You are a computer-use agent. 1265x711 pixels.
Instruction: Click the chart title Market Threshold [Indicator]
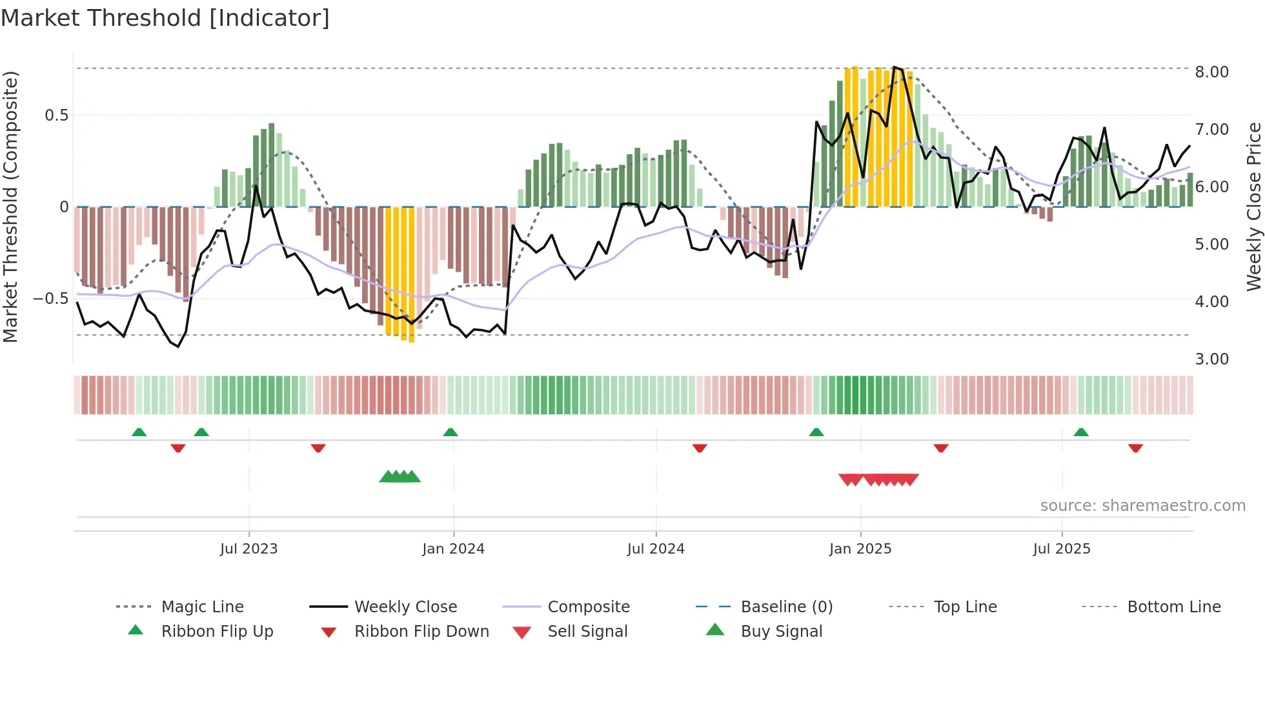click(165, 18)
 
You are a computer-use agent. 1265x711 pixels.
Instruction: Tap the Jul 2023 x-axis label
click(248, 549)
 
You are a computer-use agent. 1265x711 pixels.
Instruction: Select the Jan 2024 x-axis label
click(453, 549)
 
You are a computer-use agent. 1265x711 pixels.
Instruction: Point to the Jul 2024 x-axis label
click(656, 549)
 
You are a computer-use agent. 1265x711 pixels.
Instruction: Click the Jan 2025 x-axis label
click(860, 549)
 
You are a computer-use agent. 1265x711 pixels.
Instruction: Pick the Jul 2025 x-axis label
click(1062, 549)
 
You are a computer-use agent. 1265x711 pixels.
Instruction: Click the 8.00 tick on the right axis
click(1211, 72)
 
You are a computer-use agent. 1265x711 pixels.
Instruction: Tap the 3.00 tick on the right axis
click(1211, 359)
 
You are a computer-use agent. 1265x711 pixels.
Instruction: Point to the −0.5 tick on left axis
click(50, 299)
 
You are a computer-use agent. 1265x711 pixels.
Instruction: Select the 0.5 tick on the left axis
click(56, 115)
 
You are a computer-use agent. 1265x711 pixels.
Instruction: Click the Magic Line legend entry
click(202, 607)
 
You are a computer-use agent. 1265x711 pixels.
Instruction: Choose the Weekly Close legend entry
click(405, 607)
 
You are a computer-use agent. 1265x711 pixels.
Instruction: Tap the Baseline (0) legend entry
click(786, 607)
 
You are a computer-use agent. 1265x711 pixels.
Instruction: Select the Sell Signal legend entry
click(587, 632)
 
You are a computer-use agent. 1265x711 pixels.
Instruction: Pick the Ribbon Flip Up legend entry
click(217, 632)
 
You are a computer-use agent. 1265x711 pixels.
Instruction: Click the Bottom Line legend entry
click(1173, 607)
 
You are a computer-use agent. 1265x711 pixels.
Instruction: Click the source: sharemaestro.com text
click(1142, 506)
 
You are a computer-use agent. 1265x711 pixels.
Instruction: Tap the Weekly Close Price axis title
click(1253, 206)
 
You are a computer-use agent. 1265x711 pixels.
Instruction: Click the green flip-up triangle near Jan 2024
click(450, 432)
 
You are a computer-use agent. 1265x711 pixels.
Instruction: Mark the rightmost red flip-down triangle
click(1135, 448)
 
